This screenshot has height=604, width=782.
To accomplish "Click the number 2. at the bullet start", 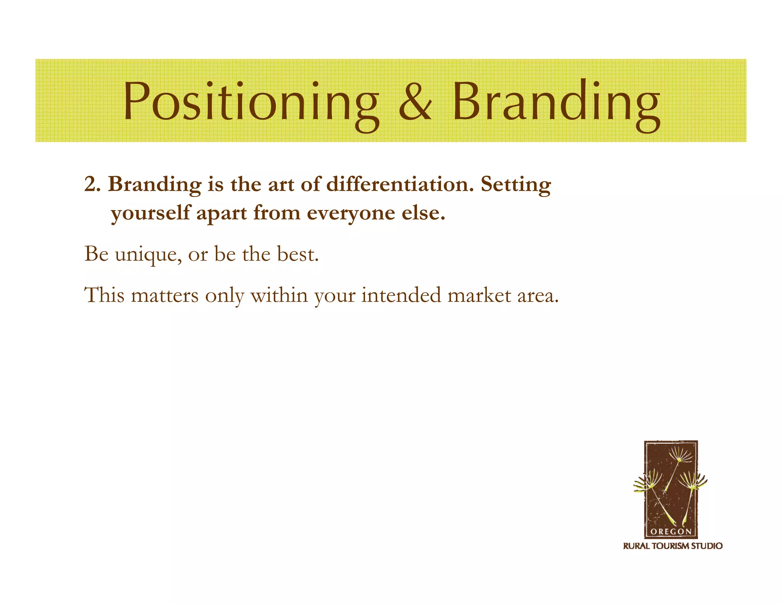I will point(92,184).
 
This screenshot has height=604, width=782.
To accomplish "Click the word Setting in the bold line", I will point(515,185).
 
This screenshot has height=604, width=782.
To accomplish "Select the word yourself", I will point(150,213).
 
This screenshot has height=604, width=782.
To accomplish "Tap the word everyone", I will point(351,213).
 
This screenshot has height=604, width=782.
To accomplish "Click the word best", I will point(297,254).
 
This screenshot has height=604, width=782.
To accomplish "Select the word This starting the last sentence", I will point(104,295).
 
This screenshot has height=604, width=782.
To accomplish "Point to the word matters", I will point(165,296).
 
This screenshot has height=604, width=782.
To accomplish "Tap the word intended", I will point(401,295).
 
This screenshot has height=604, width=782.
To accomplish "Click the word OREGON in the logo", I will point(671,531).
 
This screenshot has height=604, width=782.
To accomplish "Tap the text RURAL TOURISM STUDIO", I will point(672,546).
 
